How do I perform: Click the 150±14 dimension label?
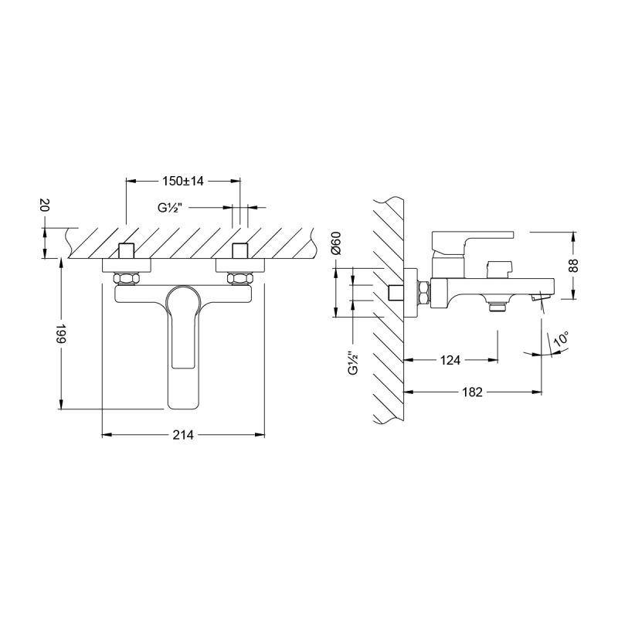[182, 181]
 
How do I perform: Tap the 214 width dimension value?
[183, 436]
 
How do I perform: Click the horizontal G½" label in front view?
[170, 208]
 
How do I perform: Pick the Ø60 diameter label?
[335, 243]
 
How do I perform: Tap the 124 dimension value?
[451, 360]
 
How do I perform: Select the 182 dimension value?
[474, 392]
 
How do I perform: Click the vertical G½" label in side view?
[352, 363]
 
